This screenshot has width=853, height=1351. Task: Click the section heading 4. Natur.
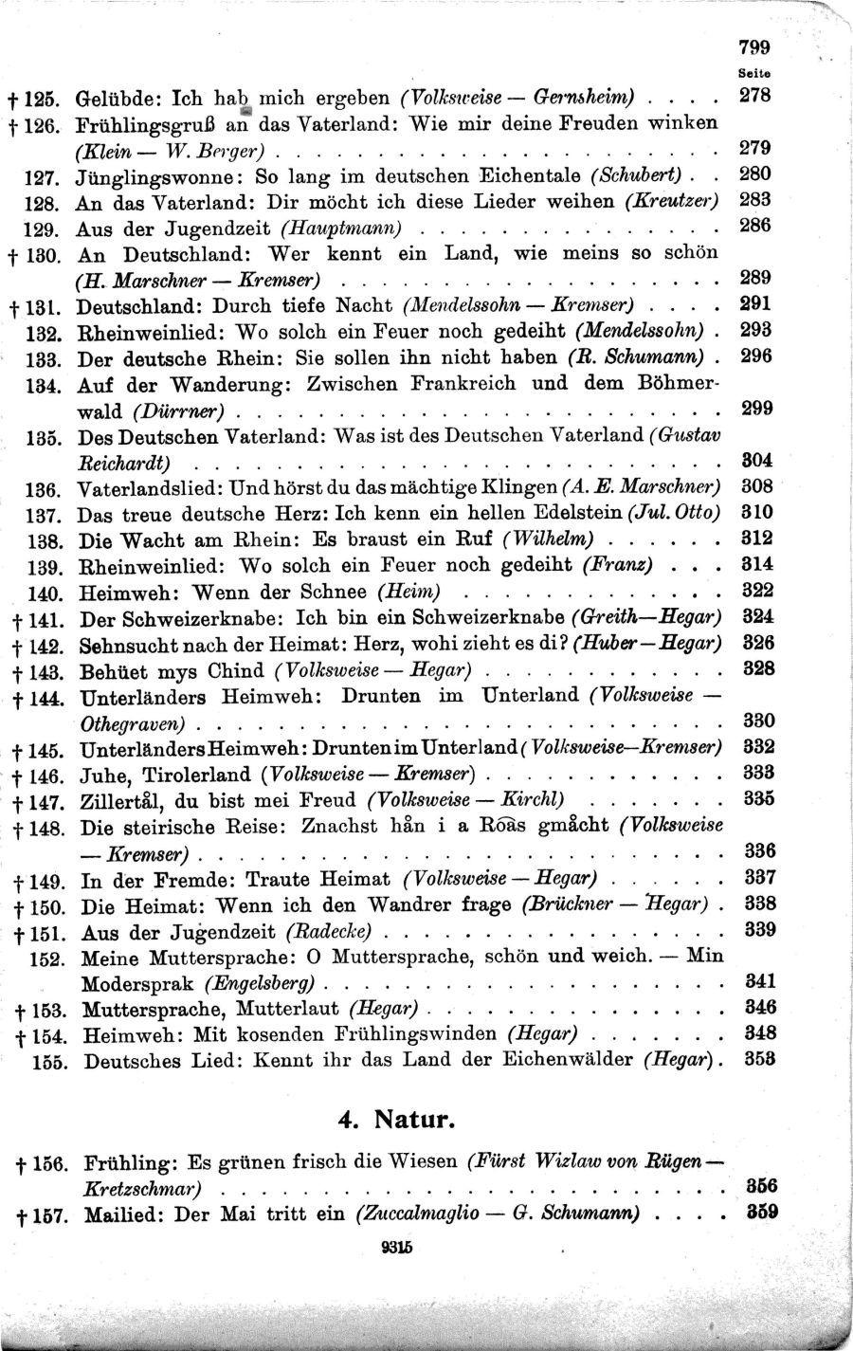pos(397,1119)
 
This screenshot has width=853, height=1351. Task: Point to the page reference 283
pos(754,200)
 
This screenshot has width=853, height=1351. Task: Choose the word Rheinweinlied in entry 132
pos(147,333)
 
